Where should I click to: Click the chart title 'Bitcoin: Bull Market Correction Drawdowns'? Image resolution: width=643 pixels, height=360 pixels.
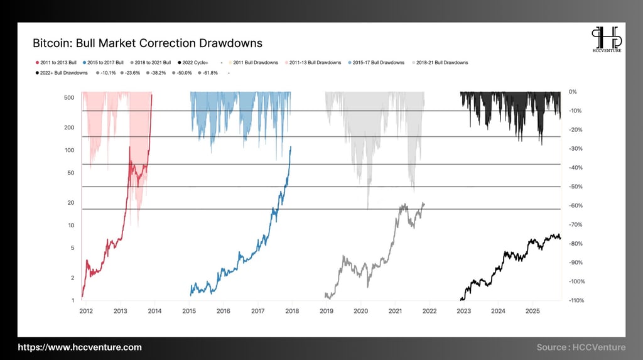147,43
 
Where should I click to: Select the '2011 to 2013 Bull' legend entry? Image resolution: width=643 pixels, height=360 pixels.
57,63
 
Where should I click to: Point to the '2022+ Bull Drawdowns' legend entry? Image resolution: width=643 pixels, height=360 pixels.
63,73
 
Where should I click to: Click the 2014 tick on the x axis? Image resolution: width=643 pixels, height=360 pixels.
154,311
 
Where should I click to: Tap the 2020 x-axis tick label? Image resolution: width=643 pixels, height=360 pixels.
360,311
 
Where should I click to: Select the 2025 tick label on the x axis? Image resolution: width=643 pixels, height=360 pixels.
532,311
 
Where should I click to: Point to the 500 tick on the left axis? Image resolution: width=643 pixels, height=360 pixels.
70,97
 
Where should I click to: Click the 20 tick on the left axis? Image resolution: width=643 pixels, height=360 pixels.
71,203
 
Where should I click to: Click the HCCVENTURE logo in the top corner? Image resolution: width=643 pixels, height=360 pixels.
606,39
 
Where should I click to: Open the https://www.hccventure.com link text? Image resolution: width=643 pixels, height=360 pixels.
80,347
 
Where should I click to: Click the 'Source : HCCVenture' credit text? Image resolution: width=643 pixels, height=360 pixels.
580,347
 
